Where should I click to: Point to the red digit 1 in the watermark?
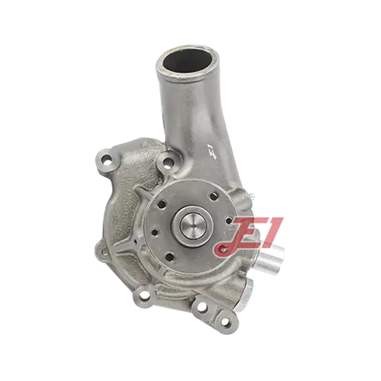click(x=270, y=232)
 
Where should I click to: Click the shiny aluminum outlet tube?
click(x=271, y=259)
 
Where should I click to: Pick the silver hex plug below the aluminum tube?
click(x=246, y=293)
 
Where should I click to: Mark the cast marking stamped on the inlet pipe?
click(x=212, y=152)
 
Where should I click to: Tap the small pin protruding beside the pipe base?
click(x=251, y=195)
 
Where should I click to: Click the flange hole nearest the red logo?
click(x=229, y=220)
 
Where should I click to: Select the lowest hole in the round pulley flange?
click(x=170, y=257)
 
